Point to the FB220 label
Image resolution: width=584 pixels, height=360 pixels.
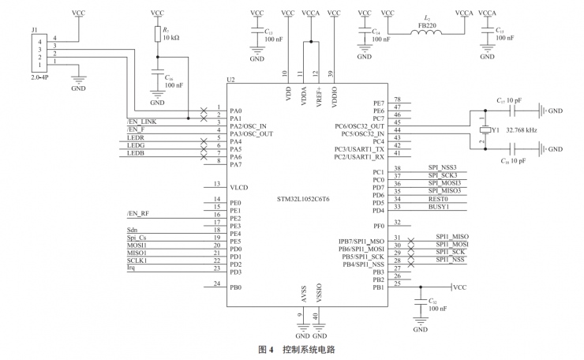427,24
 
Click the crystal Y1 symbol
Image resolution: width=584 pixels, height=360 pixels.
482,129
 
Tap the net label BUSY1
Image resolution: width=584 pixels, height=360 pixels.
440,207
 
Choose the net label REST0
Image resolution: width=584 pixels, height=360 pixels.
440,199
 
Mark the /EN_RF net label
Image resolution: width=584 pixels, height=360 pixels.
137,214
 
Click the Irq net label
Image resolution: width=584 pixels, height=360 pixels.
132,268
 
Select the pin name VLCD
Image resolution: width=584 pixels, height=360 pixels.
238,187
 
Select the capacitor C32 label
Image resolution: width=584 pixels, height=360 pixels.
432,301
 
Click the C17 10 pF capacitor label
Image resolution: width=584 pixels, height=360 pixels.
508,101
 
